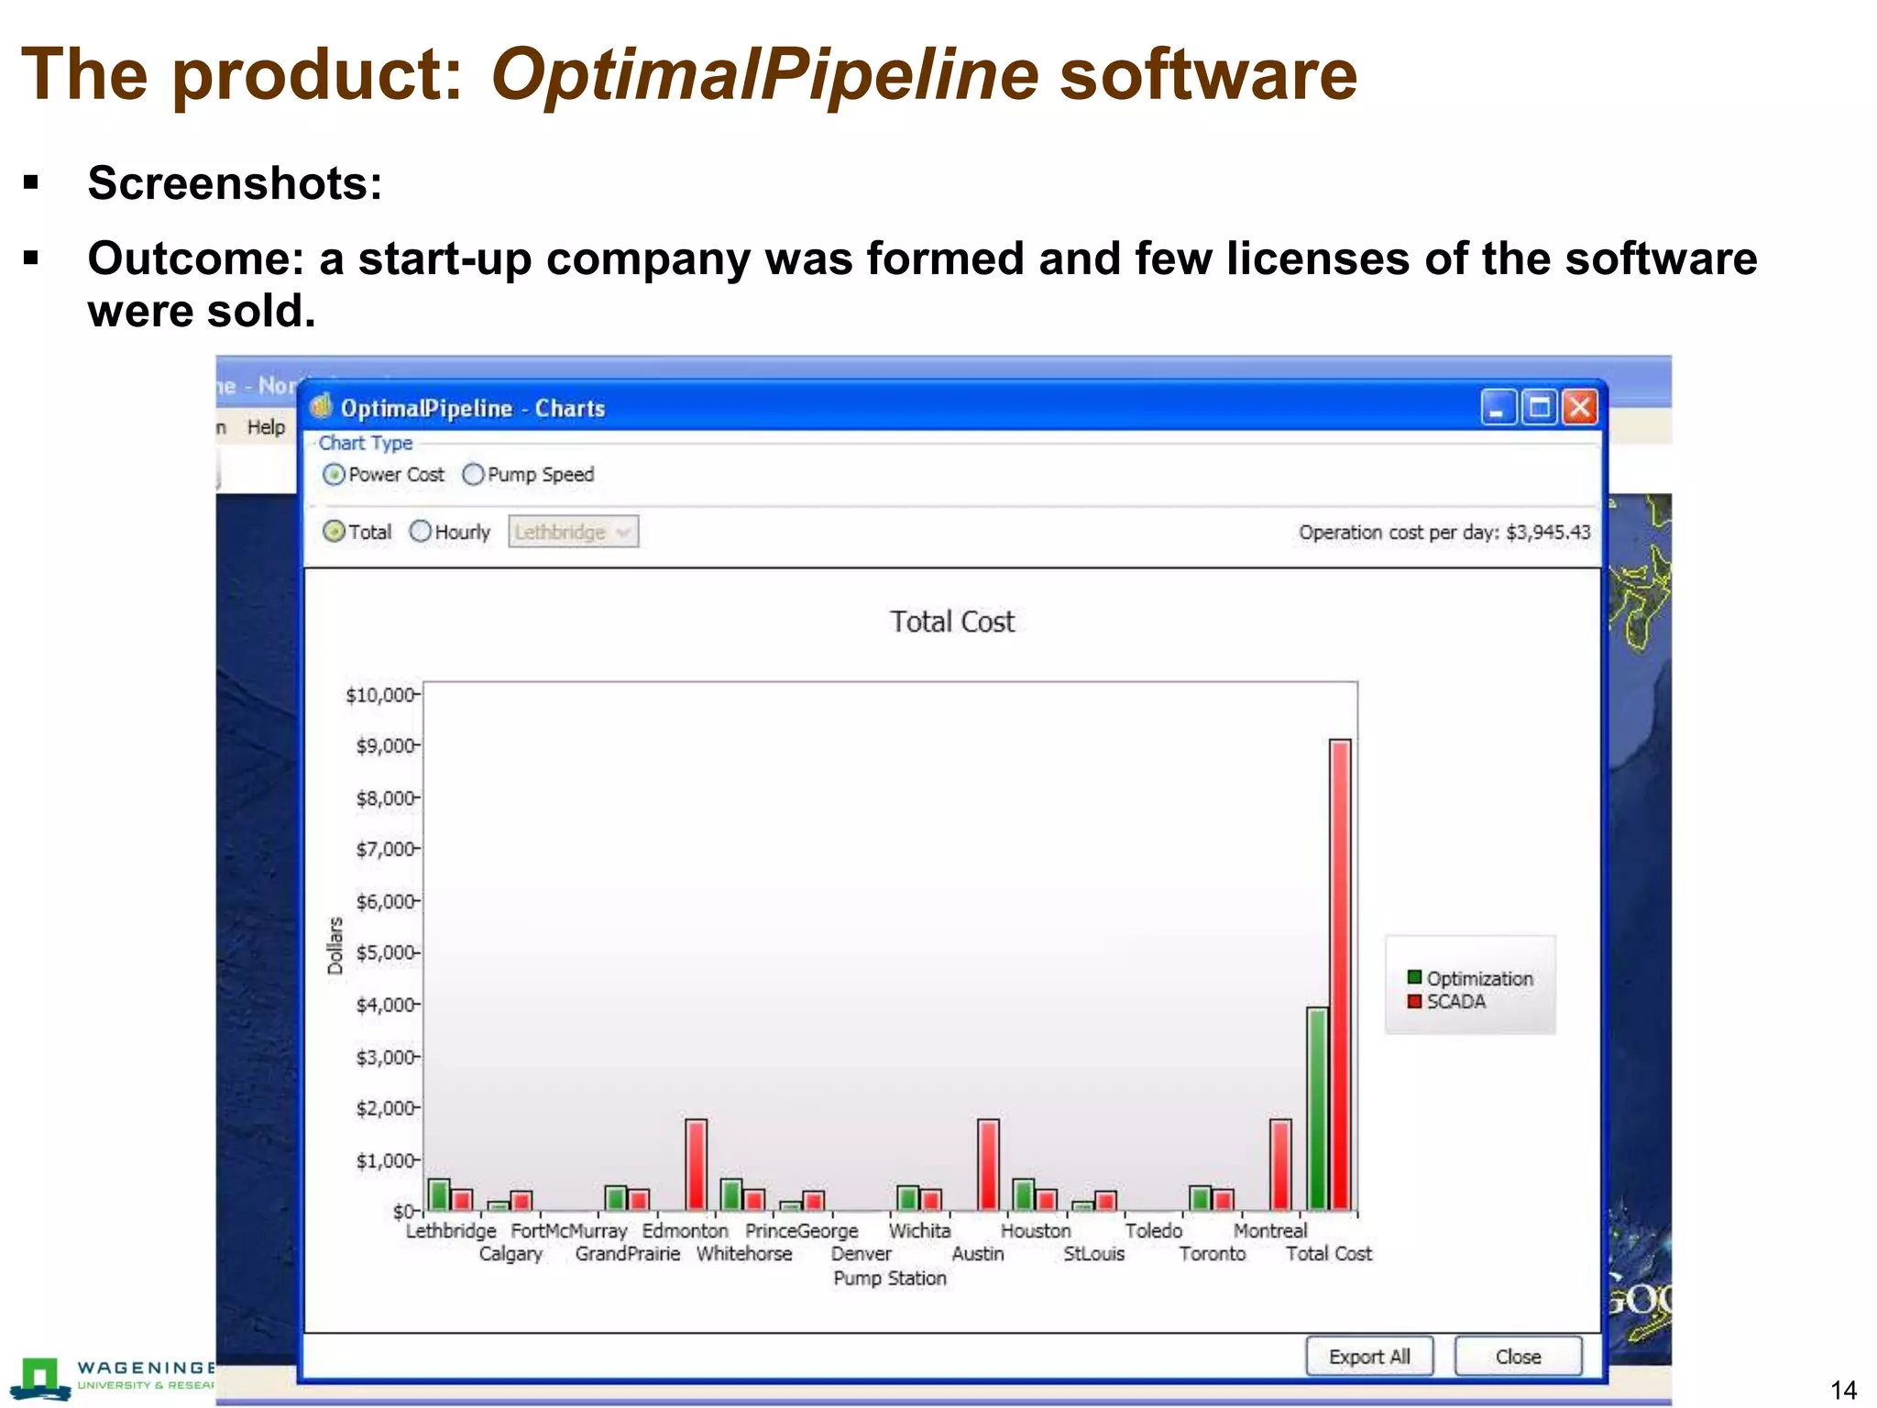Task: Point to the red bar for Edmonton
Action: pos(697,1163)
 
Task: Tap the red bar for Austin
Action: pos(988,1163)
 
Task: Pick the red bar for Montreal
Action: pos(1280,1163)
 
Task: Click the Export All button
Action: pos(1369,1357)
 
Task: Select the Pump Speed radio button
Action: pos(474,475)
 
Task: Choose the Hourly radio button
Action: pos(421,532)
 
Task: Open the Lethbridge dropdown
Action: pos(574,532)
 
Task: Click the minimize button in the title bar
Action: pos(1498,408)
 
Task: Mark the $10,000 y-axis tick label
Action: pos(380,695)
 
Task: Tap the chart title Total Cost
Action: pos(952,621)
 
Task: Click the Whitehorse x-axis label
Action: pos(744,1254)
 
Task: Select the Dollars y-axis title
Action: pos(335,945)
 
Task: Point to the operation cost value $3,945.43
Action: pos(1548,533)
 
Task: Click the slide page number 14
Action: pos(1843,1391)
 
